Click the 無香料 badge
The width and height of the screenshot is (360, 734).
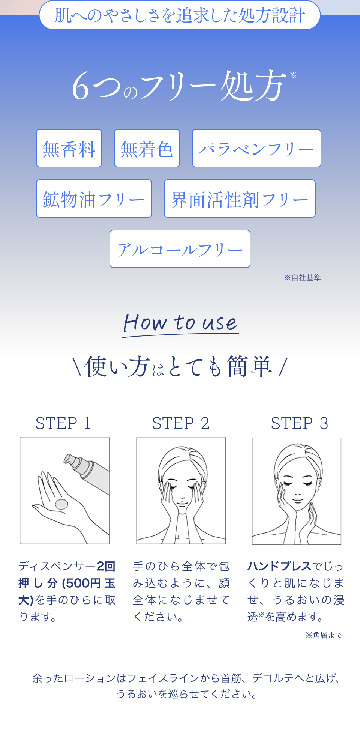tap(69, 148)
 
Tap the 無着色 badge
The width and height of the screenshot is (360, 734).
tap(147, 148)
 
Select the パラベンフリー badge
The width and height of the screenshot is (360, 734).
tap(256, 148)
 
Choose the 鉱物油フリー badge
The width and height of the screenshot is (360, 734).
tap(94, 199)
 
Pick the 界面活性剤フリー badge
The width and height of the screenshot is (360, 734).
tap(240, 199)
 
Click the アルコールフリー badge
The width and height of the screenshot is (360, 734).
tap(180, 249)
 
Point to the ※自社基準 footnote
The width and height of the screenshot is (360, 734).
tap(303, 277)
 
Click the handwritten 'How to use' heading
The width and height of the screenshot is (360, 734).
tap(180, 323)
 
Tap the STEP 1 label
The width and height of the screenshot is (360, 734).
tap(63, 423)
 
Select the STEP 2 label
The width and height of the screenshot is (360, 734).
tap(181, 423)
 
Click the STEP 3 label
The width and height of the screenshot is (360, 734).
tap(300, 423)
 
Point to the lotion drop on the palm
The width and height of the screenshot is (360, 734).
tap(61, 504)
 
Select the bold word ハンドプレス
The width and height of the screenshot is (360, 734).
tap(279, 566)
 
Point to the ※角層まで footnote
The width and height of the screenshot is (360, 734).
tap(324, 635)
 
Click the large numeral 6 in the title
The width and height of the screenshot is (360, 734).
tap(81, 86)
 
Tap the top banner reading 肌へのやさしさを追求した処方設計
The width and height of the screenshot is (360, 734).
tap(180, 15)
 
